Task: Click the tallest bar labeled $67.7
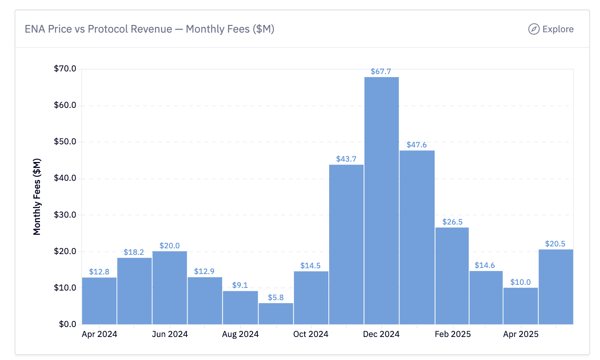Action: point(381,200)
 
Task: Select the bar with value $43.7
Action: point(346,244)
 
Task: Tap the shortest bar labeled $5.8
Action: point(276,314)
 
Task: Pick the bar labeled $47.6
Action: point(417,237)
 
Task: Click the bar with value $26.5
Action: point(452,276)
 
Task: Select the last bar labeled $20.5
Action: point(555,287)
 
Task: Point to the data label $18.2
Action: point(134,252)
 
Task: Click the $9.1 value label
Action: point(240,285)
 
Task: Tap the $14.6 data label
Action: point(485,265)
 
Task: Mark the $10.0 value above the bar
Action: point(520,282)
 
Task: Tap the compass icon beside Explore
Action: point(534,29)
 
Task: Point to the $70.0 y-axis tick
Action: point(65,69)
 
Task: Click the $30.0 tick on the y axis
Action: point(65,215)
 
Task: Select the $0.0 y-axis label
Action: point(68,324)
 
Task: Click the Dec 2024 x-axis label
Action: point(381,334)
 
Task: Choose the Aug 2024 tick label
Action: point(240,334)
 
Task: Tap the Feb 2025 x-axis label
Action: point(452,334)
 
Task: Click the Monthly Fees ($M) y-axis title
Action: point(37,197)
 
